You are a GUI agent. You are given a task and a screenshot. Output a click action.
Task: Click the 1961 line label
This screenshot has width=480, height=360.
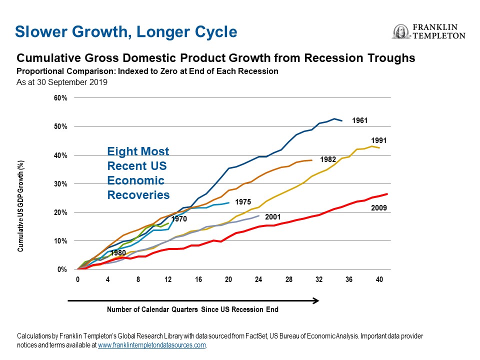point(360,120)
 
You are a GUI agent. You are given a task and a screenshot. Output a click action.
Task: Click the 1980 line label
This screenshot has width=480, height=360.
point(117,253)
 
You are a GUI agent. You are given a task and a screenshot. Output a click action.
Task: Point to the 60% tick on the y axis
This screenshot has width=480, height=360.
point(60,98)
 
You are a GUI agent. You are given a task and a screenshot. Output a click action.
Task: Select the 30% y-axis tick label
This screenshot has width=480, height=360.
point(60,184)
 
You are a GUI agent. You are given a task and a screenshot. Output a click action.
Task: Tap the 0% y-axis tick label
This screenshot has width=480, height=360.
point(62,270)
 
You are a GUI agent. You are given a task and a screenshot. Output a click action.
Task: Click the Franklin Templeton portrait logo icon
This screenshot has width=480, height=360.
point(400,31)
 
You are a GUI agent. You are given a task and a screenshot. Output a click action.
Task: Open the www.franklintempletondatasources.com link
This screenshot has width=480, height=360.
point(152,345)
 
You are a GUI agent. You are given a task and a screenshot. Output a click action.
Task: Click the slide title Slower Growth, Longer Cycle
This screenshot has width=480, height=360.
point(125,32)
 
